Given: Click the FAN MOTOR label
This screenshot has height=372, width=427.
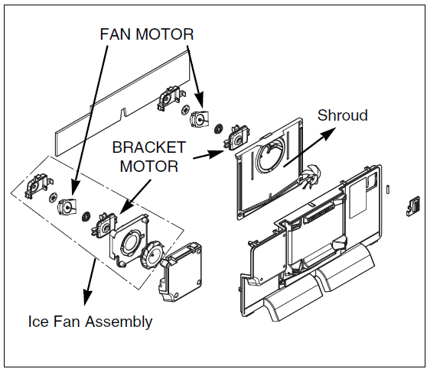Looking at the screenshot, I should click(x=146, y=34).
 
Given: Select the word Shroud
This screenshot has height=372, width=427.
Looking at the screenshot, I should click(x=342, y=115).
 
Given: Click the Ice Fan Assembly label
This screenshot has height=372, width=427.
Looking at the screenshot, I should click(x=90, y=322).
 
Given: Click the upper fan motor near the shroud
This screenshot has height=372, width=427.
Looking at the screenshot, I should click(x=200, y=119).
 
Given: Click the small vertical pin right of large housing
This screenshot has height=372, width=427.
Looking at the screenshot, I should click(x=390, y=187).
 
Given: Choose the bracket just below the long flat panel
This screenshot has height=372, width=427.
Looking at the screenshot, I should click(x=168, y=99).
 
